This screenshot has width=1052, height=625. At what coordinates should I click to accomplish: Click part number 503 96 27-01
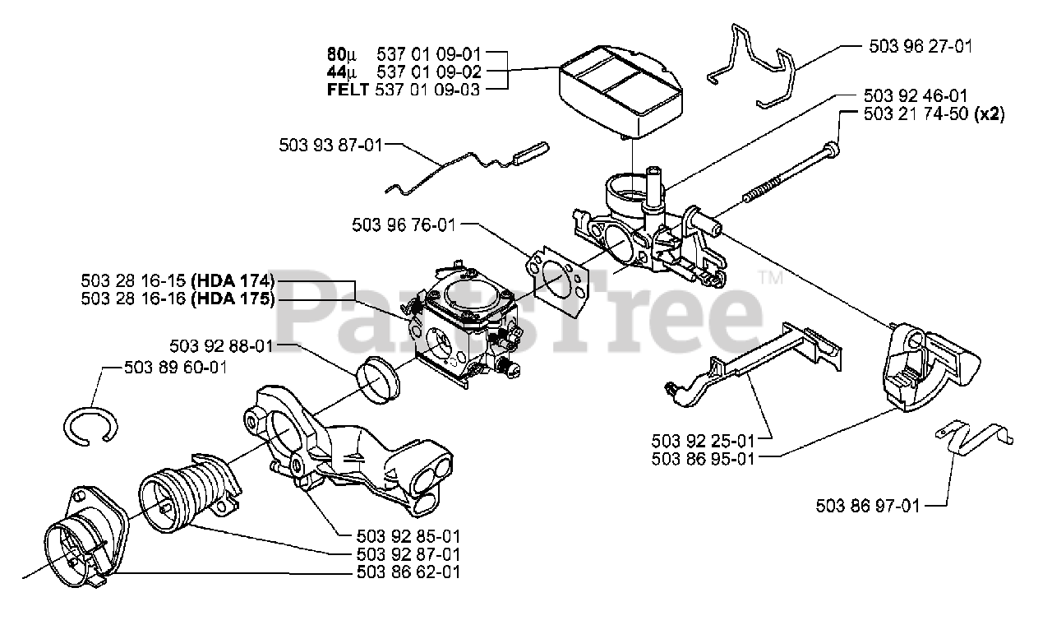(920, 47)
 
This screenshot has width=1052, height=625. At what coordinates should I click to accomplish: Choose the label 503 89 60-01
(174, 368)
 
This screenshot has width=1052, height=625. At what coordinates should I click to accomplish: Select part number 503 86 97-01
(867, 506)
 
